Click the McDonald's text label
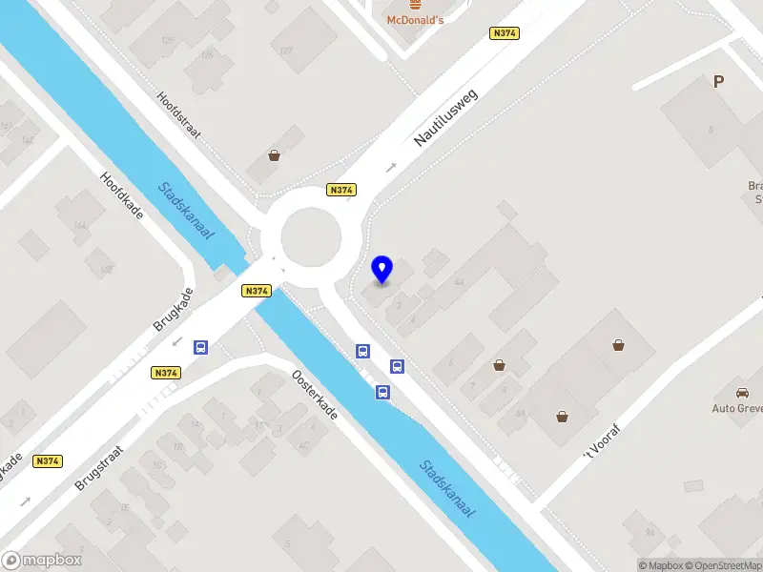[x=415, y=20]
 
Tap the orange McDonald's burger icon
[x=415, y=4]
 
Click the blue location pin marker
[x=382, y=269]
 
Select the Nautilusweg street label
[x=445, y=117]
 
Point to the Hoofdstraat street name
[x=179, y=116]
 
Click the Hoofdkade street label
[x=122, y=195]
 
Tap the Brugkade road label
[x=173, y=309]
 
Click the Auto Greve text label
[x=737, y=408]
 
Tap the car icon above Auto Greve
[x=742, y=392]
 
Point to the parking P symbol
[x=718, y=82]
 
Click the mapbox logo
[x=41, y=561]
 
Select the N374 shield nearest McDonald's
[x=504, y=33]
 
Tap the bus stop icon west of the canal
[x=201, y=348]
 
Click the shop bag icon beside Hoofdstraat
[x=275, y=155]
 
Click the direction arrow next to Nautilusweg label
[x=390, y=168]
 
